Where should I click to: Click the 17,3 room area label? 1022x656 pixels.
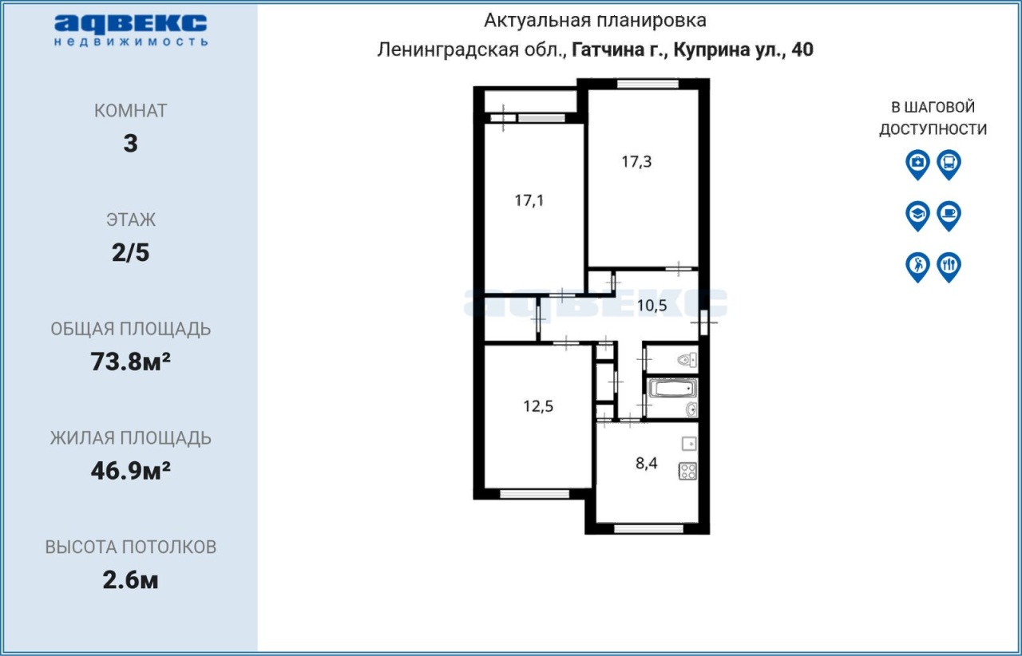(x=636, y=161)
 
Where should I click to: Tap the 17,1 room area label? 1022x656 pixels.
(x=529, y=200)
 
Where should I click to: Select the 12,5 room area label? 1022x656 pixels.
(x=538, y=405)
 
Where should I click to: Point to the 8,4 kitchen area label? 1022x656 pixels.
(x=647, y=463)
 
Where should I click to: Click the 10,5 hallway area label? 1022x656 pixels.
(x=652, y=305)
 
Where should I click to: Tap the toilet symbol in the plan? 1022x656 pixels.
(x=687, y=361)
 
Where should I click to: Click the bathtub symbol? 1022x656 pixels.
(x=672, y=389)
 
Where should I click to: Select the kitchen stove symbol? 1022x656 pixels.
(x=687, y=471)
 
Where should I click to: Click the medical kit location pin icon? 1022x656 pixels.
(x=917, y=164)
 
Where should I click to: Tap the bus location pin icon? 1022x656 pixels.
(x=949, y=164)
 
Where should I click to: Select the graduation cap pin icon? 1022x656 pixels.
(x=917, y=215)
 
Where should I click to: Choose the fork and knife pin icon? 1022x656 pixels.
(x=949, y=267)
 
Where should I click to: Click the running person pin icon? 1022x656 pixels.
(x=917, y=267)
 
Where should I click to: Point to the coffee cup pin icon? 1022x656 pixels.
(x=949, y=215)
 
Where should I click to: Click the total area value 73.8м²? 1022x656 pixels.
(x=130, y=362)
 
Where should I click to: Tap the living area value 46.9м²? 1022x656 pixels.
(x=130, y=471)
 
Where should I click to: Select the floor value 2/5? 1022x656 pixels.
(x=130, y=253)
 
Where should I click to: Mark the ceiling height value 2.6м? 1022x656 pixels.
(x=130, y=580)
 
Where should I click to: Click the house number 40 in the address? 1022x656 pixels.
(x=802, y=49)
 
